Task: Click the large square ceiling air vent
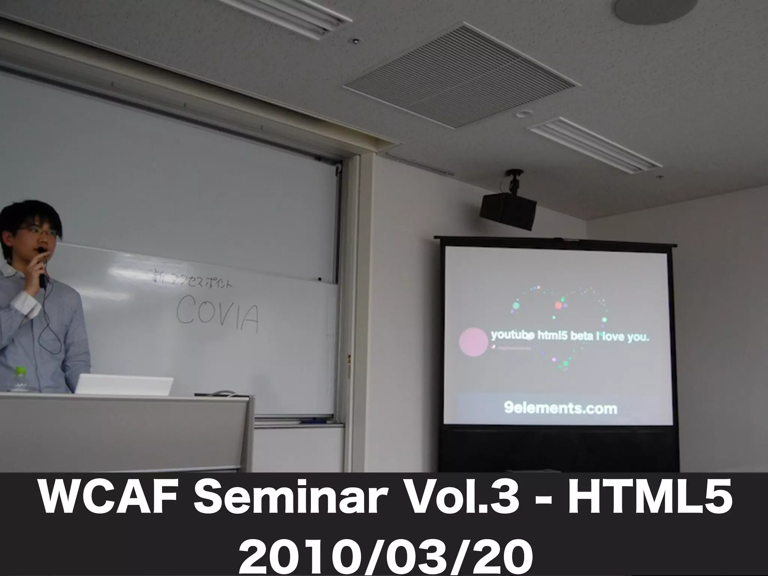click(x=460, y=75)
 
